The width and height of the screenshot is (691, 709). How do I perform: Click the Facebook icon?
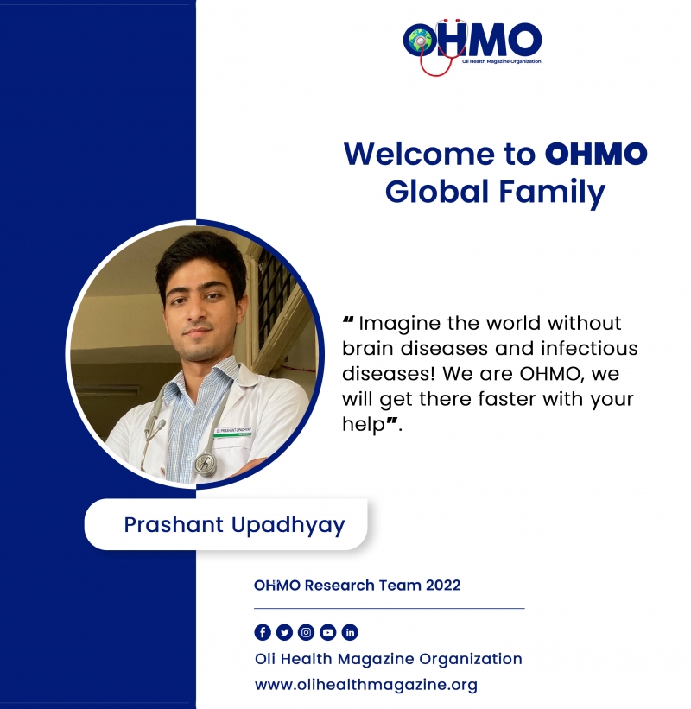pos(263,632)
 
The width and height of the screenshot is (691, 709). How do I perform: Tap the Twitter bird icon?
pos(284,632)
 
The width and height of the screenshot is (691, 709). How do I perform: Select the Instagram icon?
pos(306,632)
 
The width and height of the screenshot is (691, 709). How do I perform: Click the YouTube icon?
pos(328,632)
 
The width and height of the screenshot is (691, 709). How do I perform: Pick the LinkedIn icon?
pos(350,632)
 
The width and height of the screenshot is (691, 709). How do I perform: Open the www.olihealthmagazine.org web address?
pos(366,685)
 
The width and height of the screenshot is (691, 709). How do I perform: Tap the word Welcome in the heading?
pos(419,154)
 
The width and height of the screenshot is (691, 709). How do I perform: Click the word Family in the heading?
pos(552,193)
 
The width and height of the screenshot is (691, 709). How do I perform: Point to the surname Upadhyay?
pos(288,525)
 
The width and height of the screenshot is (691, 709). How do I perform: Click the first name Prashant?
pos(174,524)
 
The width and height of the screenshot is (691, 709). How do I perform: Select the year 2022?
pos(443,586)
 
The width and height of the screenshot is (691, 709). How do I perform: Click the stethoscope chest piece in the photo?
pos(206,465)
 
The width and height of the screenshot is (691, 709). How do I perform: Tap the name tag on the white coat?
pos(233,432)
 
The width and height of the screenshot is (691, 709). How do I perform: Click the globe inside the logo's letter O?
pos(420,41)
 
